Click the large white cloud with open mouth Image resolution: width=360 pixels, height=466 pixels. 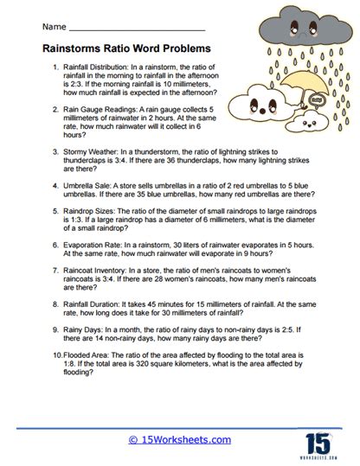coord(267,109)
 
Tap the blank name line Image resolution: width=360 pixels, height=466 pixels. coord(143,28)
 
